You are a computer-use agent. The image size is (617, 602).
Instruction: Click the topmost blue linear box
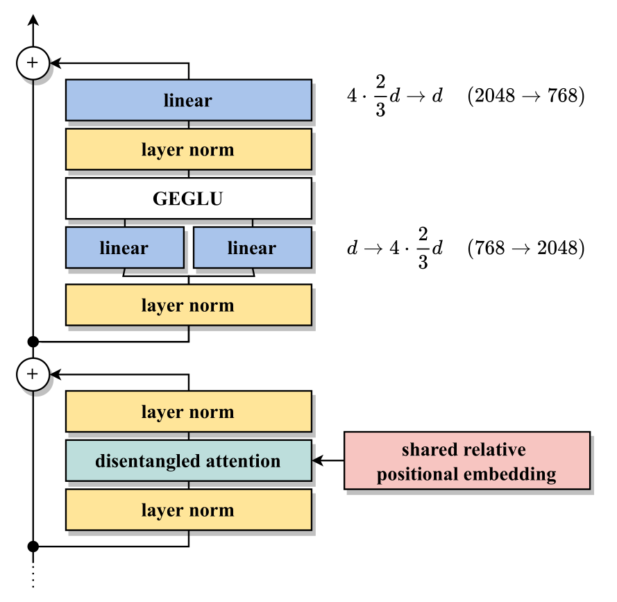click(188, 101)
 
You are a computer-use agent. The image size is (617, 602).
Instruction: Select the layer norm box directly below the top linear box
click(188, 150)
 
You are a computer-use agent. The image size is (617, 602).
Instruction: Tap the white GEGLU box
click(188, 199)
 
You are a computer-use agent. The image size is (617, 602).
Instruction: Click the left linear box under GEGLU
click(124, 248)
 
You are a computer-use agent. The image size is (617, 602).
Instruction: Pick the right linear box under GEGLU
click(252, 248)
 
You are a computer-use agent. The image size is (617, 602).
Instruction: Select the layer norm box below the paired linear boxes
click(188, 306)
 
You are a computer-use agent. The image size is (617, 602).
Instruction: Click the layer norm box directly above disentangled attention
click(188, 412)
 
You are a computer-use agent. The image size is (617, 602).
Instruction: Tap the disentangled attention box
click(188, 461)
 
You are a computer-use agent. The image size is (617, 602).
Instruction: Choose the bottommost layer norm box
click(188, 510)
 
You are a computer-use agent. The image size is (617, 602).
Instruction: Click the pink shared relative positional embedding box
click(467, 461)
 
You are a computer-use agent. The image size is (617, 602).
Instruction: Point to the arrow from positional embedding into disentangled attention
click(328, 461)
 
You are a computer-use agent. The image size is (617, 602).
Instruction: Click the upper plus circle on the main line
click(32, 62)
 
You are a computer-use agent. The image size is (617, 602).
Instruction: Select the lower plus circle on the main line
click(32, 374)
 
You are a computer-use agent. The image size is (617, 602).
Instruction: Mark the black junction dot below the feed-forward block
click(32, 342)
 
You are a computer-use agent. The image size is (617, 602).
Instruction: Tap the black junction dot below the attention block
click(32, 546)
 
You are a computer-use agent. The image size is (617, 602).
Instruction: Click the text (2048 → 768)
click(525, 96)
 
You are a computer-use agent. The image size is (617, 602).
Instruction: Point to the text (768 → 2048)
click(525, 248)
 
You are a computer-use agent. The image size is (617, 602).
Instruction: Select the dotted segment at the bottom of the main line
click(32, 574)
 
